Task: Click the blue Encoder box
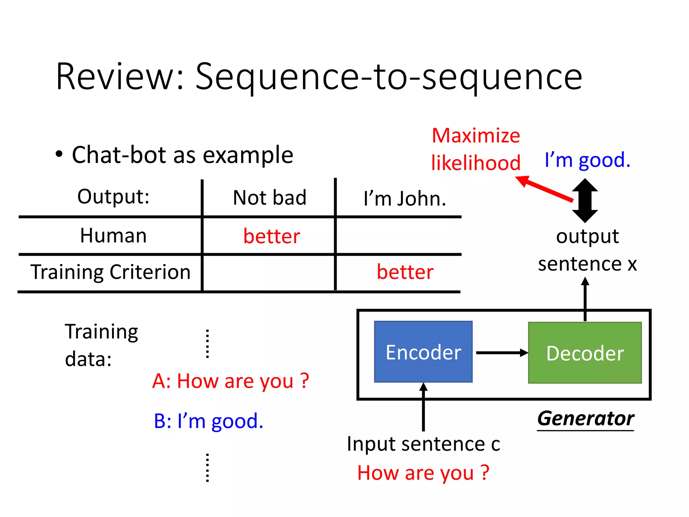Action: [423, 352]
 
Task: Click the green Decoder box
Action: [585, 353]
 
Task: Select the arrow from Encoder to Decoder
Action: [501, 353]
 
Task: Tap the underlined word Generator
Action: [585, 418]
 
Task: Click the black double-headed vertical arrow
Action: [585, 201]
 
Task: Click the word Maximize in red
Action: [476, 136]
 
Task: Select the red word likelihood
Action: [476, 163]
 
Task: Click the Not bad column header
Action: [269, 198]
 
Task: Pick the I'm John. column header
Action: [405, 199]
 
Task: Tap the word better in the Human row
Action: [271, 236]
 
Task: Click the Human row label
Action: [113, 235]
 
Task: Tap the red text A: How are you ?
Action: [230, 381]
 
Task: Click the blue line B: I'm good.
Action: [208, 421]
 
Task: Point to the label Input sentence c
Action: [423, 444]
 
